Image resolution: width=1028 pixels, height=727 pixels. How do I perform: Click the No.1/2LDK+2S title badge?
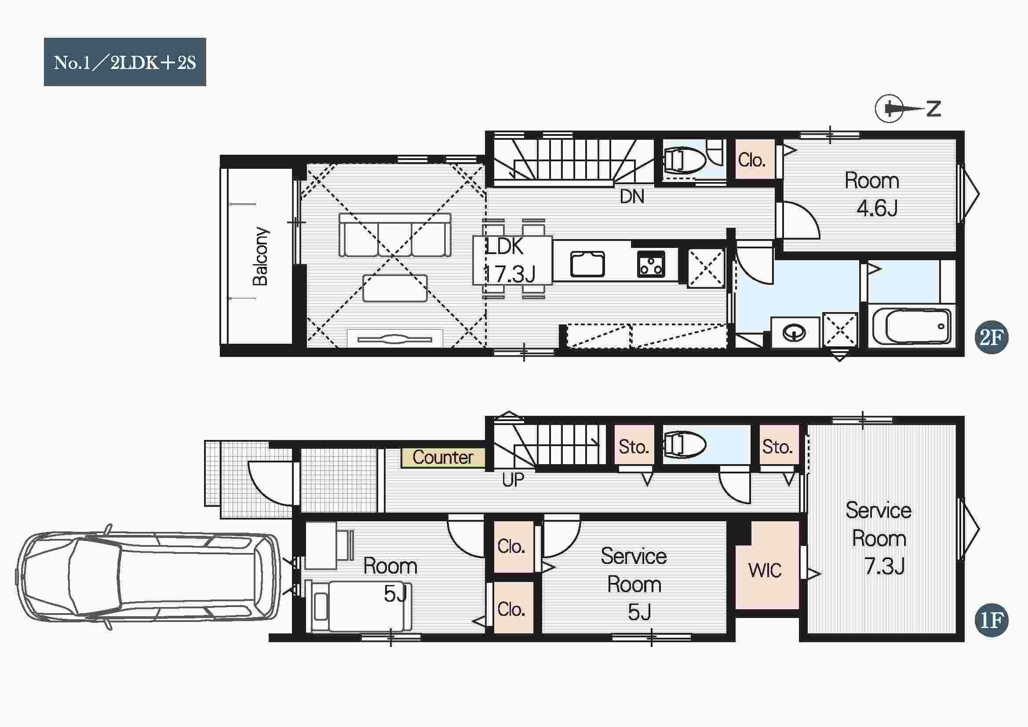tap(125, 62)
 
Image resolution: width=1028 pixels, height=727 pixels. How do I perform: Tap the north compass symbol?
tap(908, 108)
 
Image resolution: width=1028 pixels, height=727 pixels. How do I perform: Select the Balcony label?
tap(260, 257)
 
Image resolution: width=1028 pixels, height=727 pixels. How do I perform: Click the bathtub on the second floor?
tap(912, 326)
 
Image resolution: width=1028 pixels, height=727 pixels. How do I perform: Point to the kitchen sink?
tap(587, 264)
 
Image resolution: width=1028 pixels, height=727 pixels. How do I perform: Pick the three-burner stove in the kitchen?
tap(651, 264)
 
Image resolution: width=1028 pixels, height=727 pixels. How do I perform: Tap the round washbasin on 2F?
tap(794, 333)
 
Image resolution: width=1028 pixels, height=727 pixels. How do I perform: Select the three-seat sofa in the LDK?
tap(395, 235)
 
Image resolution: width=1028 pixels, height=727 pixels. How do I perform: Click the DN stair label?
tap(632, 196)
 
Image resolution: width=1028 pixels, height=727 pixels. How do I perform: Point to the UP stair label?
tap(513, 480)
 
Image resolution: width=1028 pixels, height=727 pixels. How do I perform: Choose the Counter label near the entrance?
tap(443, 458)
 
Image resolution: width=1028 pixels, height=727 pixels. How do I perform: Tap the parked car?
tap(148, 577)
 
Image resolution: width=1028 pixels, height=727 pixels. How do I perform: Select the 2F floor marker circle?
tap(991, 338)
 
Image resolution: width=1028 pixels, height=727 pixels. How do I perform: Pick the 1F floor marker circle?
tap(991, 621)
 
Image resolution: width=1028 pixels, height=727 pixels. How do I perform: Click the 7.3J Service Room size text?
tap(884, 566)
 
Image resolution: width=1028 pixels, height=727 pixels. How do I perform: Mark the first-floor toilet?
tap(684, 444)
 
